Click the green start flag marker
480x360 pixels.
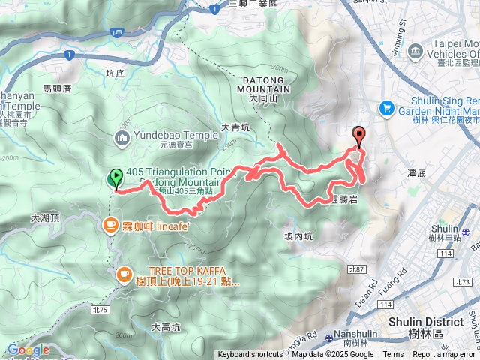point(115,178)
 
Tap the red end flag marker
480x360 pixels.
point(358,136)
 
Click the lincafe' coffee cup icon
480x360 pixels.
point(110,224)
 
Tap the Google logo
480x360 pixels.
point(28,349)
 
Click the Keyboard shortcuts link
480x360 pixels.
point(250,355)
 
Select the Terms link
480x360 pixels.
point(393,355)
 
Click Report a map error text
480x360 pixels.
point(444,355)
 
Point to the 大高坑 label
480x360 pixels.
point(166,327)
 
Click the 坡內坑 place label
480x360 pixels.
point(299,235)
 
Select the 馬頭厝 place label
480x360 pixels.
point(56,88)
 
